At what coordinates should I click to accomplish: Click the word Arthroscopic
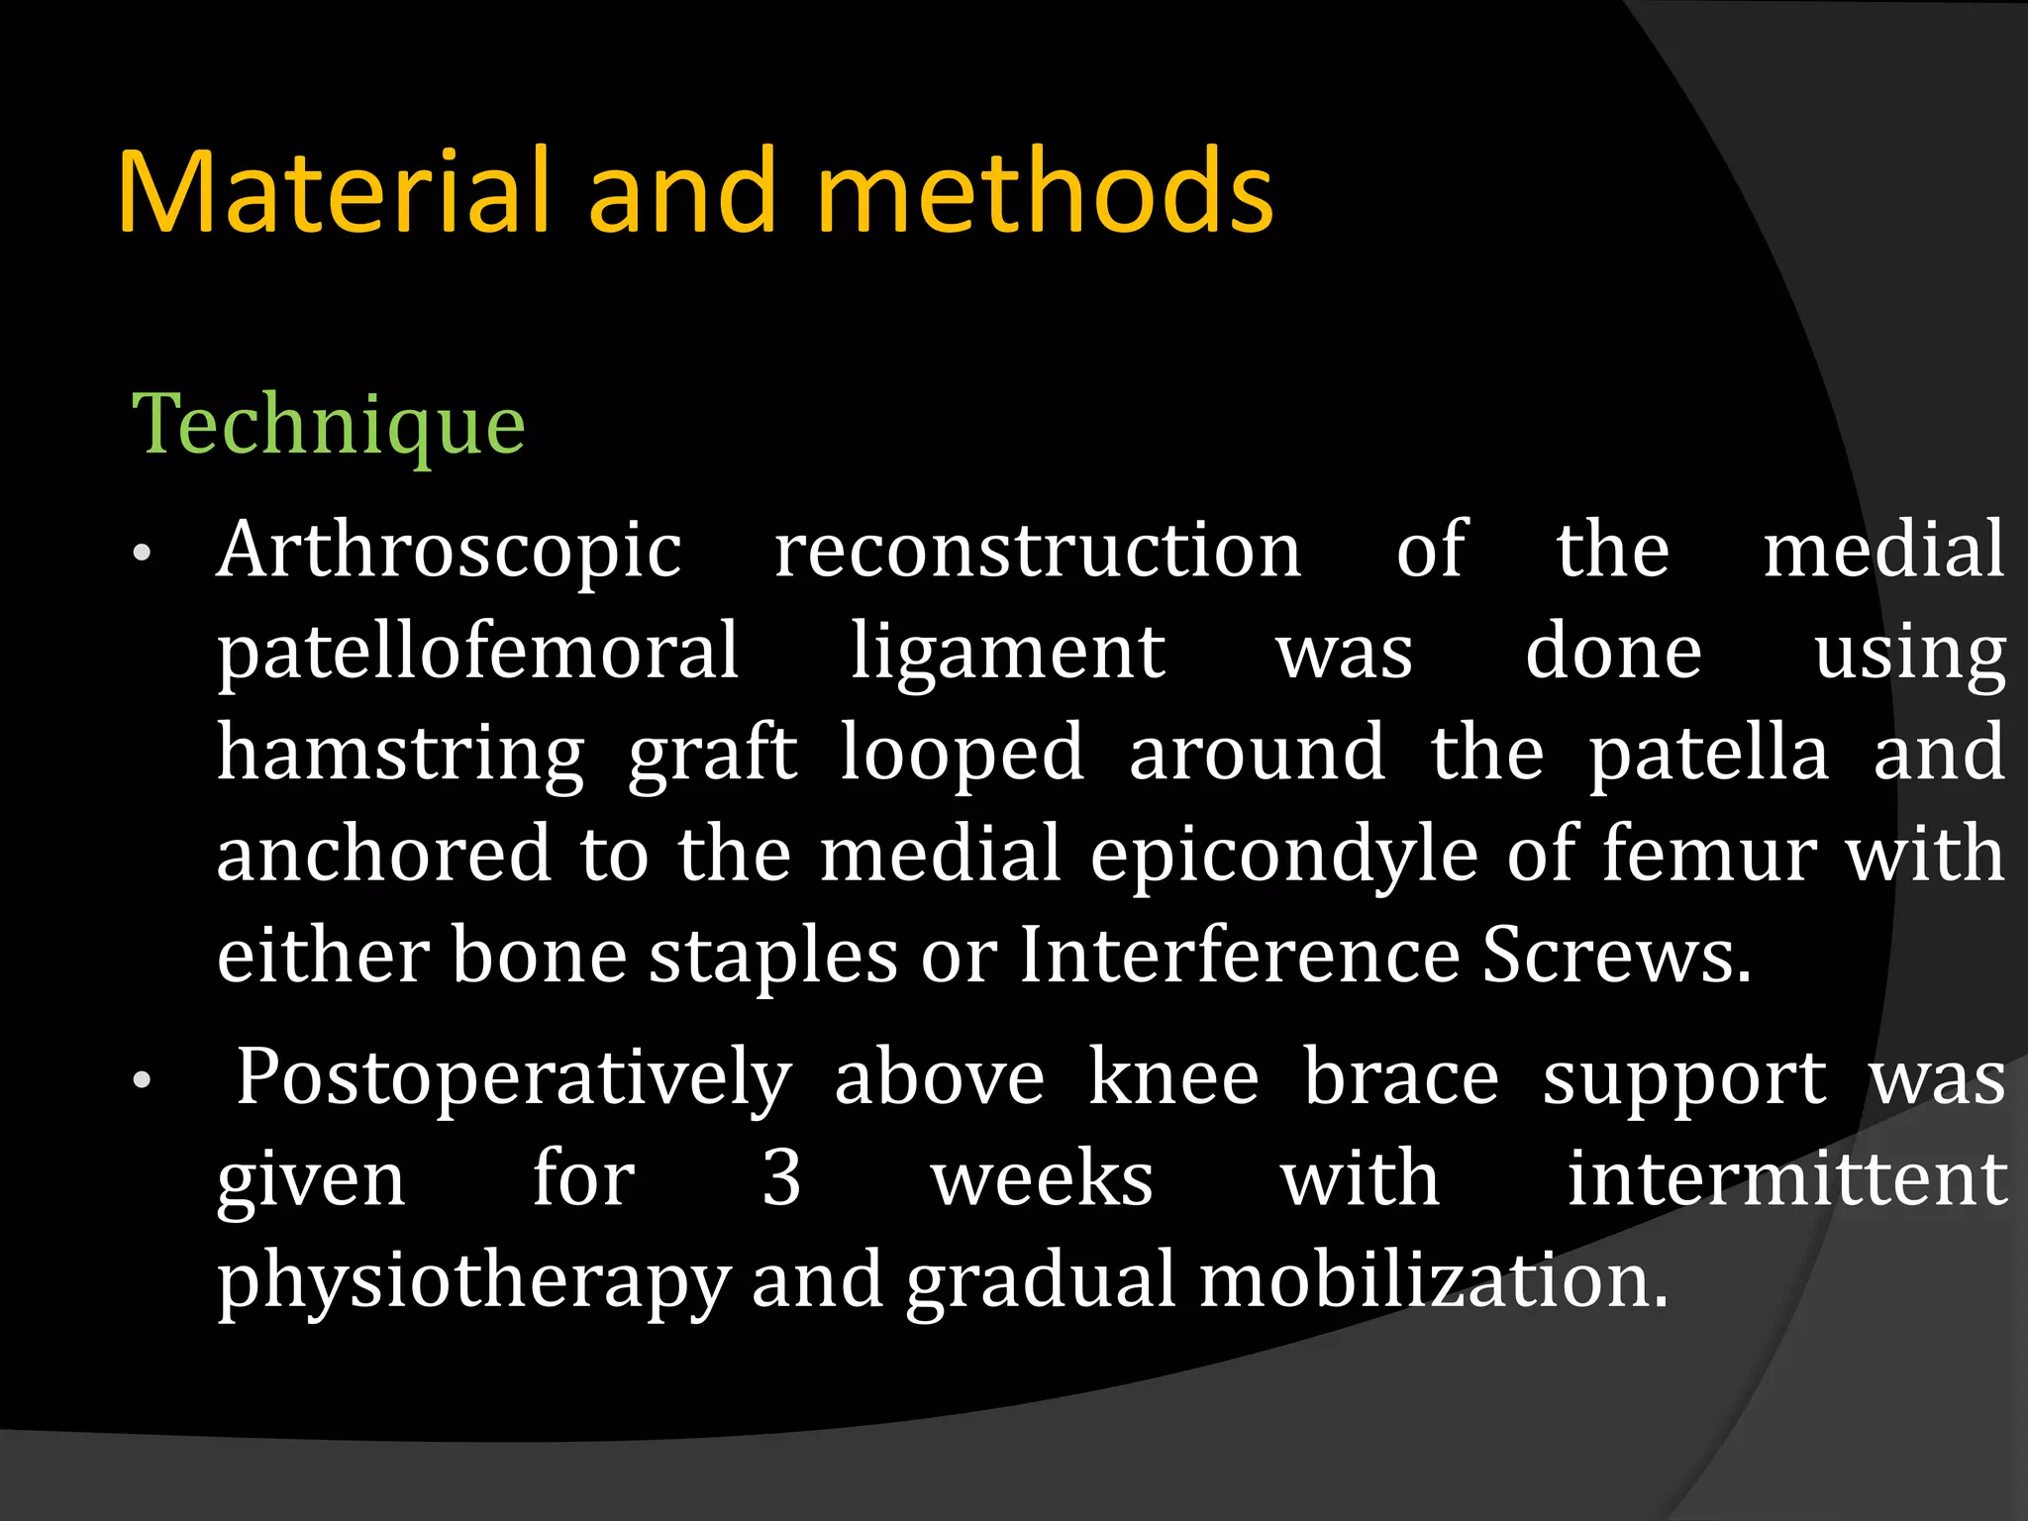[x=450, y=551]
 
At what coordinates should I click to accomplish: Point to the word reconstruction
[x=1037, y=551]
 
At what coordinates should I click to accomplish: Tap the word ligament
[x=1008, y=654]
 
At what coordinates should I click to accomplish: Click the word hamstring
[x=401, y=755]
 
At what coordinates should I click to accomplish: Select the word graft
[x=713, y=755]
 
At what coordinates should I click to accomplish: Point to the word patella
[x=1708, y=755]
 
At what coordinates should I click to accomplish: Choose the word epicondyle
[x=1284, y=856]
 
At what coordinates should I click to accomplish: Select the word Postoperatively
[x=514, y=1079]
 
